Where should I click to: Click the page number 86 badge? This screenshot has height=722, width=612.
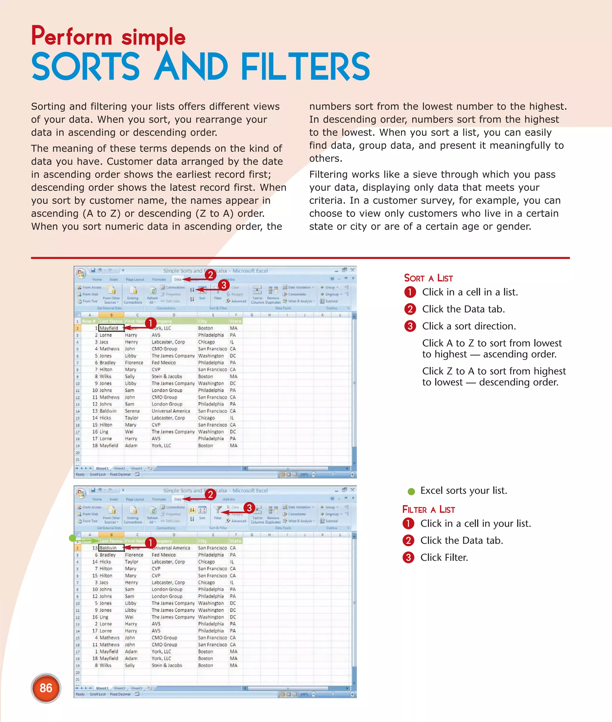click(x=46, y=688)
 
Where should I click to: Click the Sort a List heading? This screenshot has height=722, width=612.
click(x=428, y=278)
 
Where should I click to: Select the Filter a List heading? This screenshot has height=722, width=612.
click(x=429, y=509)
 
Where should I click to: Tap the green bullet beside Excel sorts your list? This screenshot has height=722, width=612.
click(x=411, y=491)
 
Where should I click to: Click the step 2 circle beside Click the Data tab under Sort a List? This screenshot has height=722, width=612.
click(x=410, y=309)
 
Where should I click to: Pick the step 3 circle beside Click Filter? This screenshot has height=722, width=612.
click(x=408, y=558)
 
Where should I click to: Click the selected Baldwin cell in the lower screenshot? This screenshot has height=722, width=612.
click(x=110, y=548)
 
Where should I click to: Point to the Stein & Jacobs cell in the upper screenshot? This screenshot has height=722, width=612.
click(x=166, y=377)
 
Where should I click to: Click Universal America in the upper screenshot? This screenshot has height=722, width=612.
click(x=171, y=411)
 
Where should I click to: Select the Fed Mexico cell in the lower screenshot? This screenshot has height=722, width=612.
click(x=163, y=555)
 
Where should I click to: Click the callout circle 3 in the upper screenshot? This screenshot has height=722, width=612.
click(x=224, y=285)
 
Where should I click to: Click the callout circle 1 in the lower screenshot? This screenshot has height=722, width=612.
click(x=150, y=543)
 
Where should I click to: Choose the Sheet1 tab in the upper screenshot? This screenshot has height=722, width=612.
click(x=102, y=468)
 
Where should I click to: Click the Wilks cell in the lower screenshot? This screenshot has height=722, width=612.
click(x=105, y=665)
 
